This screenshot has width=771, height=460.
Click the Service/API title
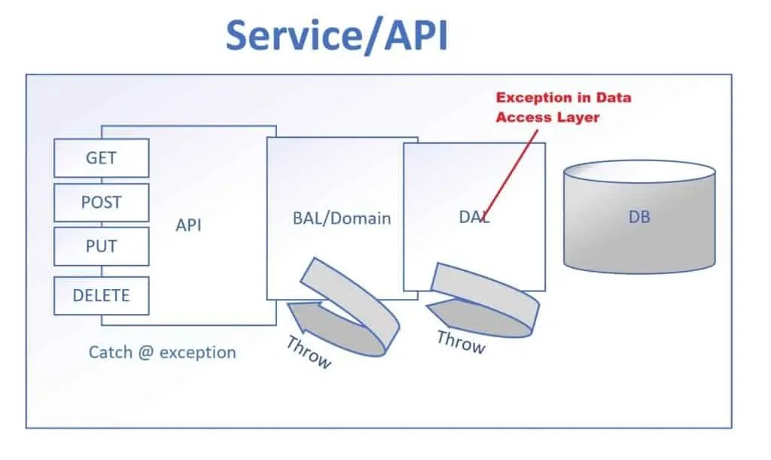click(x=337, y=35)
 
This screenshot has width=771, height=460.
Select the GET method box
click(x=101, y=158)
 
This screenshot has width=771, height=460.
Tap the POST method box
click(x=101, y=202)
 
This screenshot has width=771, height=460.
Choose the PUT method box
click(x=101, y=246)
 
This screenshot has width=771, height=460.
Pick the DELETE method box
click(x=101, y=295)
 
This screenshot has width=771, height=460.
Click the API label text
click(x=188, y=225)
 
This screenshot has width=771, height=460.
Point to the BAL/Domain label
click(x=341, y=218)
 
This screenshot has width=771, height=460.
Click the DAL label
click(x=474, y=217)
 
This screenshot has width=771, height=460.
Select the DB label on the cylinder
click(x=638, y=218)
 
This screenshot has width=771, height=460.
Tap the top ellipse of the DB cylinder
click(x=638, y=172)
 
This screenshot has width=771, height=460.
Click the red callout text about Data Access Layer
click(x=562, y=107)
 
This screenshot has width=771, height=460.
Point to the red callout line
click(x=512, y=169)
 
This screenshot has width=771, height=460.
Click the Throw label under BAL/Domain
click(x=309, y=352)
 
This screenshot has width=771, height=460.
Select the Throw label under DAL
click(x=461, y=342)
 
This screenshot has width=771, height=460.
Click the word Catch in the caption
click(x=111, y=352)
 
